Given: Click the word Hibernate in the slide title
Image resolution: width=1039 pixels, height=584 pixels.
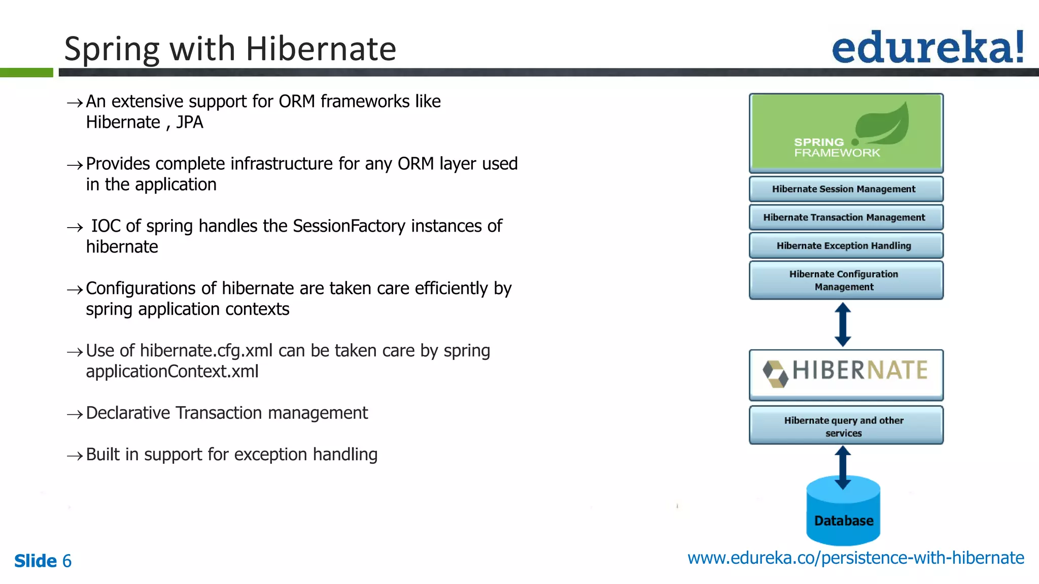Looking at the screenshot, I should click(x=321, y=49).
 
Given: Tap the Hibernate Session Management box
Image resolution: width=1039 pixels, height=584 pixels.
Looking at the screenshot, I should click(x=846, y=189).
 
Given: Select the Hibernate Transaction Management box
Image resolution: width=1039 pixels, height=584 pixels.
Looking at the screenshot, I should click(x=846, y=217).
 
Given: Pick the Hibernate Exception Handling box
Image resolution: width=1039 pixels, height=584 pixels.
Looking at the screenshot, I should click(x=846, y=246).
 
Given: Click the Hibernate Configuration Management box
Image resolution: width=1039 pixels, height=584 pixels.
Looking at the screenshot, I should click(x=846, y=280).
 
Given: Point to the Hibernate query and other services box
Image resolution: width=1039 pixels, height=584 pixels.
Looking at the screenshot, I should click(x=846, y=426).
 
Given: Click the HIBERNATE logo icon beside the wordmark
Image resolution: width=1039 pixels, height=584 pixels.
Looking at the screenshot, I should click(x=775, y=374).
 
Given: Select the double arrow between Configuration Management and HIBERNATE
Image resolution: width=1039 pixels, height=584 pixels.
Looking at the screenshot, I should click(x=843, y=324).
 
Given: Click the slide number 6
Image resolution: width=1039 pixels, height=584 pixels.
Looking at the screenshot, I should click(x=67, y=561).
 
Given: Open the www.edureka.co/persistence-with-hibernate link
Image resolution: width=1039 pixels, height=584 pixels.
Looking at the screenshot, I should click(x=855, y=558).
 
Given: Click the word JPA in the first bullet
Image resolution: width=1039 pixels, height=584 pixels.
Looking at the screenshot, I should click(x=189, y=123).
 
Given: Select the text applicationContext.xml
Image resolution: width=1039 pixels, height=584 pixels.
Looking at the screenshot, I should click(x=172, y=372).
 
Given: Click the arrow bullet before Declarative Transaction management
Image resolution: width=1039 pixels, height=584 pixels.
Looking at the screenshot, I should click(x=75, y=415).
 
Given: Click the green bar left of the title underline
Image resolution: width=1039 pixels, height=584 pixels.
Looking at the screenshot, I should click(x=26, y=72).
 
